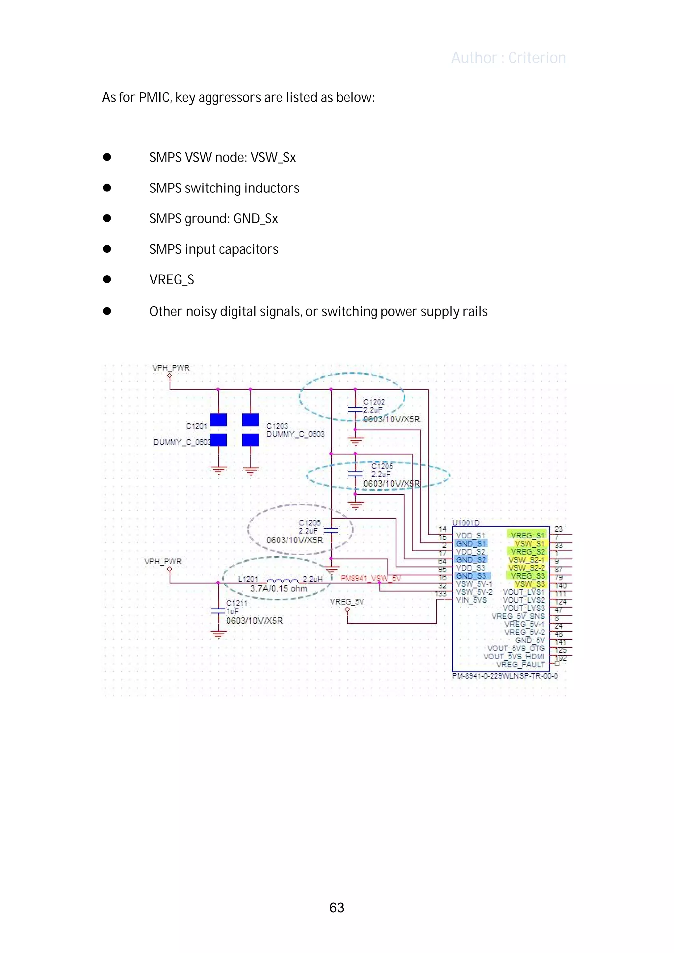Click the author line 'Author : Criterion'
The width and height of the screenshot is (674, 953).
tap(508, 58)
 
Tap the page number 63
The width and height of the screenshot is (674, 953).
tap(336, 907)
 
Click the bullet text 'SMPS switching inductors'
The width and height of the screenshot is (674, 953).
tap(224, 188)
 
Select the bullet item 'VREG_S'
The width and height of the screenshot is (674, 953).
tap(171, 280)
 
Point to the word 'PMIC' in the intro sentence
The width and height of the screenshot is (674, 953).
tap(154, 98)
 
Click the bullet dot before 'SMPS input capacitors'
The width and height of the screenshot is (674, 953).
tap(107, 249)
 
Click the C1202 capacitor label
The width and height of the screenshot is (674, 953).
tap(374, 401)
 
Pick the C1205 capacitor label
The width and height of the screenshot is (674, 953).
tap(382, 466)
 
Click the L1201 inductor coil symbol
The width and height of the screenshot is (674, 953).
tap(282, 580)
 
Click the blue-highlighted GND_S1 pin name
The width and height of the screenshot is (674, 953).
tap(471, 543)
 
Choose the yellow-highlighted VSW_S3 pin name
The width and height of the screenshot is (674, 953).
tap(530, 584)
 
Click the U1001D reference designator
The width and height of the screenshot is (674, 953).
tap(466, 523)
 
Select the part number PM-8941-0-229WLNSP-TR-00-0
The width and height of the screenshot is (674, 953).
tap(505, 676)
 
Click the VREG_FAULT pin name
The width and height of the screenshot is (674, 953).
tap(520, 665)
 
